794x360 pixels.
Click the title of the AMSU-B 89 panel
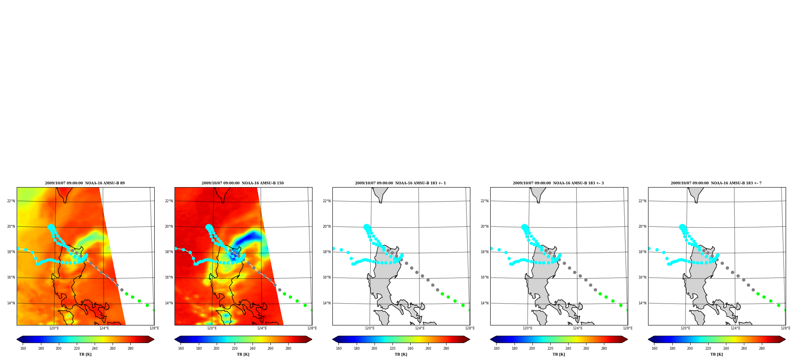tap(85, 183)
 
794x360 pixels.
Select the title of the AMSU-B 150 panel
tap(243, 183)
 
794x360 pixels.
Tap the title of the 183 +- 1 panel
tap(400, 183)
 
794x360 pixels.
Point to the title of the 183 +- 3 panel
tap(558, 183)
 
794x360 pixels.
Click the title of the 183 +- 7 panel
tap(716, 183)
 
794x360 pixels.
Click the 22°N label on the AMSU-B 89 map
tap(11, 201)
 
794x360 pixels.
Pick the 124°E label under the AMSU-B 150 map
tap(262, 328)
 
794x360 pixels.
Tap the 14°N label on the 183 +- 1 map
tap(327, 303)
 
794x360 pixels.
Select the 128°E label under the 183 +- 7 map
tap(785, 328)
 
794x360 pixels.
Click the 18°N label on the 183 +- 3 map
tap(485, 252)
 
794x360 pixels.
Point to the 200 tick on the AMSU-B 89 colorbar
tap(58, 348)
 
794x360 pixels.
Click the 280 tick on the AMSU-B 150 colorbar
tap(288, 348)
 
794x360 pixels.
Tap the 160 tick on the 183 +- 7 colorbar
tap(654, 348)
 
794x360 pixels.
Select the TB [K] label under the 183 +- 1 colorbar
tap(401, 354)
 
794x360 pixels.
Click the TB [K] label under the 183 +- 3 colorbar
tap(559, 354)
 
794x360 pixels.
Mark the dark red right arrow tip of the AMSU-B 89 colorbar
tap(154, 339)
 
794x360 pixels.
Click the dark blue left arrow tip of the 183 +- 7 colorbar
tap(648, 339)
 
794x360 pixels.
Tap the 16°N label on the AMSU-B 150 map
tap(169, 277)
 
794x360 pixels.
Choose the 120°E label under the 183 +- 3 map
tap(528, 328)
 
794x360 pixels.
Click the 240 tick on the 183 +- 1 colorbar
tap(410, 348)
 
